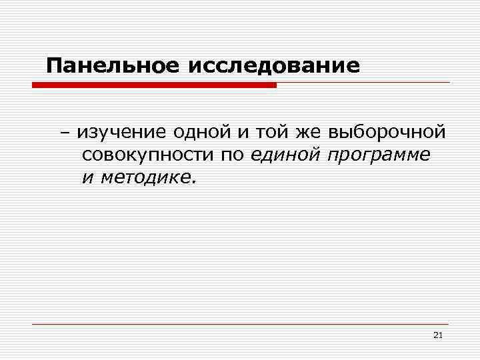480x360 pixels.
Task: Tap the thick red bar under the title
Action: (154, 85)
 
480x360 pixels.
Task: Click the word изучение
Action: (121, 133)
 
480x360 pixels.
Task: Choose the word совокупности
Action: (147, 155)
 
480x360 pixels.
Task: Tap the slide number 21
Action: (437, 335)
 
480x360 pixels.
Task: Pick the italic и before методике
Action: (87, 178)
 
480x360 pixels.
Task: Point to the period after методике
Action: (195, 182)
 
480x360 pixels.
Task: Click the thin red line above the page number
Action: (240, 324)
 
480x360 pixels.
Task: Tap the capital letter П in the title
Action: (54, 66)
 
